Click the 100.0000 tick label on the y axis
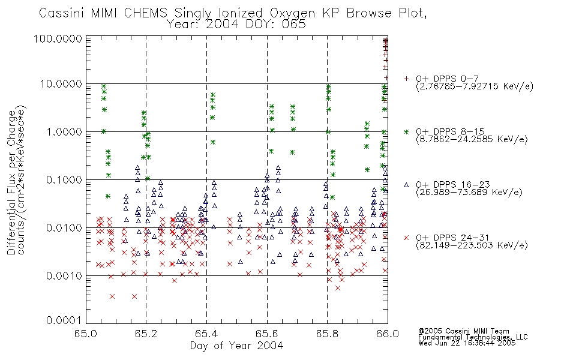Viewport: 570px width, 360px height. tap(58, 38)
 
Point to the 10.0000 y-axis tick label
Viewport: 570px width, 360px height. tap(61, 84)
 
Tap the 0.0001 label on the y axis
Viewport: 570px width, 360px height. tap(64, 320)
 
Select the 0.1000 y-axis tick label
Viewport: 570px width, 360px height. tap(64, 179)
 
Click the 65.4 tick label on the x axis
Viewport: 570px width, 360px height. tap(206, 334)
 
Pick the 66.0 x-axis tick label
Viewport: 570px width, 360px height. tap(388, 334)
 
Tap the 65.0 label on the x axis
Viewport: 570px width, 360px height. tap(86, 334)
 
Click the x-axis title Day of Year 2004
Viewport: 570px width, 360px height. tap(236, 345)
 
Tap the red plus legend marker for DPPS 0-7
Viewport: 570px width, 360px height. tap(406, 79)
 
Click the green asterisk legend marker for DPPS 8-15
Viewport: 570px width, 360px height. tap(406, 132)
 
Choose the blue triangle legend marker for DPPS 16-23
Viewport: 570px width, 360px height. tap(406, 185)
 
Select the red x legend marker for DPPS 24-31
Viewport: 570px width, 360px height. tap(406, 238)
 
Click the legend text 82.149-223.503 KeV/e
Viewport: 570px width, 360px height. tap(472, 245)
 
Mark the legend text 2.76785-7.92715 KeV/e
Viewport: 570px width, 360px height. tap(475, 86)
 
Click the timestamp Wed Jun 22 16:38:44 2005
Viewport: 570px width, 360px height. tap(467, 343)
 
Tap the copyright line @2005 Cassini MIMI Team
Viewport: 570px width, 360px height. tap(464, 331)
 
